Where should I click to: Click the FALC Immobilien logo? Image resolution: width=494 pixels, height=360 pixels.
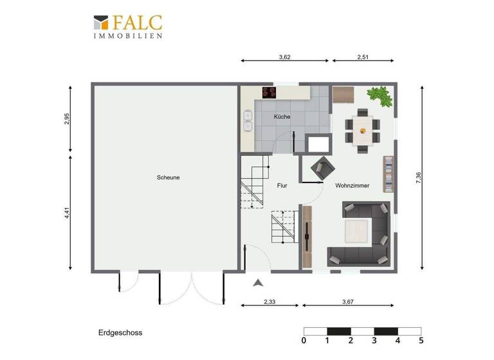pos(127,26)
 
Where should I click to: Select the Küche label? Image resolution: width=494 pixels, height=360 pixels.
pos(282,117)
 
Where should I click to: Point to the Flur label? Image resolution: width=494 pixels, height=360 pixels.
pos(282,186)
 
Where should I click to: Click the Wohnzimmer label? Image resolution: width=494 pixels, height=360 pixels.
pos(352,186)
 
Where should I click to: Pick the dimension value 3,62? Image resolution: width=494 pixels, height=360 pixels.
pos(284,57)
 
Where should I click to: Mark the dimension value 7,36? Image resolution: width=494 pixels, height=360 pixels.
pos(418,178)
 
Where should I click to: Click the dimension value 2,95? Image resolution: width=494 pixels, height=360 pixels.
pos(67,120)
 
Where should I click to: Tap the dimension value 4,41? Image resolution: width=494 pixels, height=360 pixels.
pos(67,212)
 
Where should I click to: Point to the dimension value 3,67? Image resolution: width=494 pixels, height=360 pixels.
pos(349,301)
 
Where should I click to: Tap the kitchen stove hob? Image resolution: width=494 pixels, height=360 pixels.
pos(268,92)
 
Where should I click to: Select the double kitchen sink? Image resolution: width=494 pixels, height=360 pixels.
pos(248,121)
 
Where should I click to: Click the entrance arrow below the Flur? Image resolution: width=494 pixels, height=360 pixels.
pos(258,283)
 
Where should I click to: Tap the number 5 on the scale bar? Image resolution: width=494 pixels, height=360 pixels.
pos(421,341)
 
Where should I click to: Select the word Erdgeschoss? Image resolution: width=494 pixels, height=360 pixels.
pos(120,333)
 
